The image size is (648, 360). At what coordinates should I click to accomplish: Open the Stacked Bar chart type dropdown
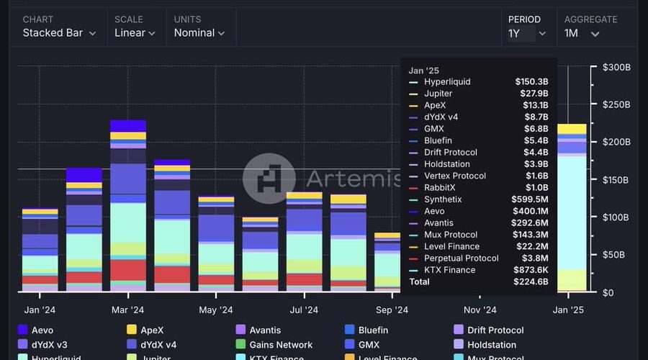pos(59,32)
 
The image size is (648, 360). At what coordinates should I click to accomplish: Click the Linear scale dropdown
pos(135,32)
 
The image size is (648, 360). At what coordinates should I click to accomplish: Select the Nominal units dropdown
pos(199,32)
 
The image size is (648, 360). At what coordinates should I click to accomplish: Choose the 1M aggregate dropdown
pos(582,33)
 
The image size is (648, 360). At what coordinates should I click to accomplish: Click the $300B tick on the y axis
pos(616,68)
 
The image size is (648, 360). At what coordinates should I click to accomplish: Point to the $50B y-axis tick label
pos(616,255)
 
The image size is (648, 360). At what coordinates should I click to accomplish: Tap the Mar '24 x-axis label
pos(128,310)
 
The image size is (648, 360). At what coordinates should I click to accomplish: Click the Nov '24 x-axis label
pos(480,310)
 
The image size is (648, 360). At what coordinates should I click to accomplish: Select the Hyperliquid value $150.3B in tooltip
pos(531,82)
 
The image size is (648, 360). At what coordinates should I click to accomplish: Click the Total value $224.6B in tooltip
pos(531,282)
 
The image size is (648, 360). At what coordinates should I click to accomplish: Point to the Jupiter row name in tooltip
pos(438,94)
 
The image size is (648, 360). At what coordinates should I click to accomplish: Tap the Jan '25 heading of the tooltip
pos(423,70)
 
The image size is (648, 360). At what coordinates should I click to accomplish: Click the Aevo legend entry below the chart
pos(42,330)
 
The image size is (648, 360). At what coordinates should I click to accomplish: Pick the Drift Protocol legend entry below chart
pos(495,330)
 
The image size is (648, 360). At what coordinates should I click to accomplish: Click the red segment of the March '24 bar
pos(128,269)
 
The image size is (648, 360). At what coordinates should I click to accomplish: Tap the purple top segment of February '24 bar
pos(84,175)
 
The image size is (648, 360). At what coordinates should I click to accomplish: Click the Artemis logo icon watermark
pos(269,179)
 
